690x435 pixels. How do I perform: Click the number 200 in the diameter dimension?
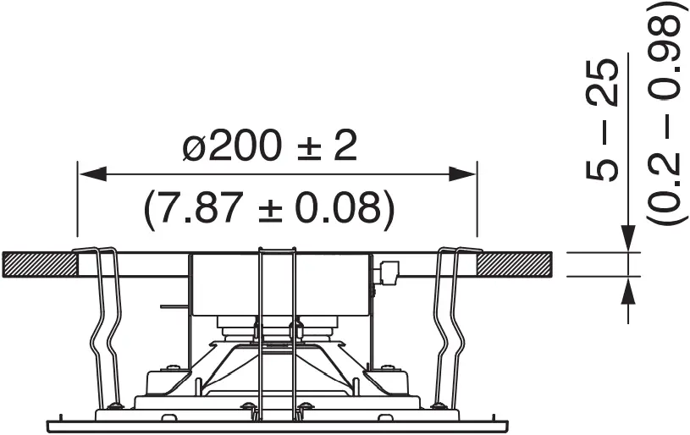coord(246,148)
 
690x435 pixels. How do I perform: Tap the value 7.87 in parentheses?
coord(200,208)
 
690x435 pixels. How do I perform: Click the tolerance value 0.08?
coord(342,208)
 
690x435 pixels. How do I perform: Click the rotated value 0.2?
coord(665,181)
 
